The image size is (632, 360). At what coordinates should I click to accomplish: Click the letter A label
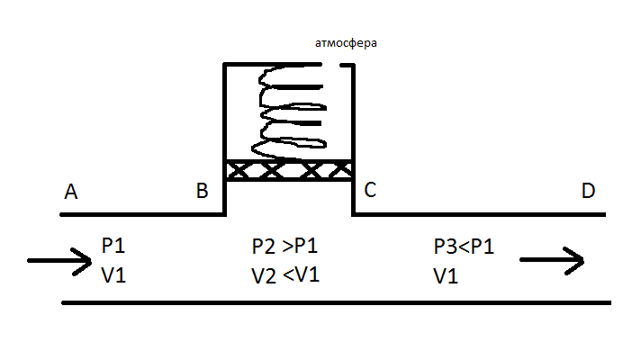(71, 192)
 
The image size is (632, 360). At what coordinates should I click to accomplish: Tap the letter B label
(202, 191)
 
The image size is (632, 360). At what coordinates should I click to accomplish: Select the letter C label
(370, 190)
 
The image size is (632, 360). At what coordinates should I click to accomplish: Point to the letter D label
(589, 191)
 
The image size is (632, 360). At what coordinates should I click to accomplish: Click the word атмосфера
(346, 42)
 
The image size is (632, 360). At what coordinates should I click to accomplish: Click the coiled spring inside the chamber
(289, 112)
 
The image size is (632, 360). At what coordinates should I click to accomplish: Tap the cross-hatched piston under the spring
(289, 170)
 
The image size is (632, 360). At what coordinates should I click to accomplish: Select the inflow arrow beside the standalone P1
(59, 261)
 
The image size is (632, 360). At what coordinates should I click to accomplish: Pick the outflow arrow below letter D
(552, 260)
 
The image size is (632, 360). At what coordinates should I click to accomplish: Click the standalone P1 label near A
(113, 246)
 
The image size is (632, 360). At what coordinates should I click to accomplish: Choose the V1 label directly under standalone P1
(113, 275)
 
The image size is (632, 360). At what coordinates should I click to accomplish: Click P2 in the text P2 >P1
(264, 247)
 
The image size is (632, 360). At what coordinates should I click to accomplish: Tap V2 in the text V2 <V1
(264, 276)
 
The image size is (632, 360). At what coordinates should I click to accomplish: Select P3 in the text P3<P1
(446, 247)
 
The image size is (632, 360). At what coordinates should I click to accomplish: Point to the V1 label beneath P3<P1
(446, 276)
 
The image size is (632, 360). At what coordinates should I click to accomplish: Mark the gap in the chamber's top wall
(331, 64)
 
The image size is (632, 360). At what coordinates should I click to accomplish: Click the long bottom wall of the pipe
(337, 302)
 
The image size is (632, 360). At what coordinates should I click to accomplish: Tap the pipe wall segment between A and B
(142, 214)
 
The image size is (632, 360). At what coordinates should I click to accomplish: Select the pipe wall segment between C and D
(479, 214)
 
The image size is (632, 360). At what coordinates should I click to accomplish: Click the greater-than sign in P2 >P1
(286, 247)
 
